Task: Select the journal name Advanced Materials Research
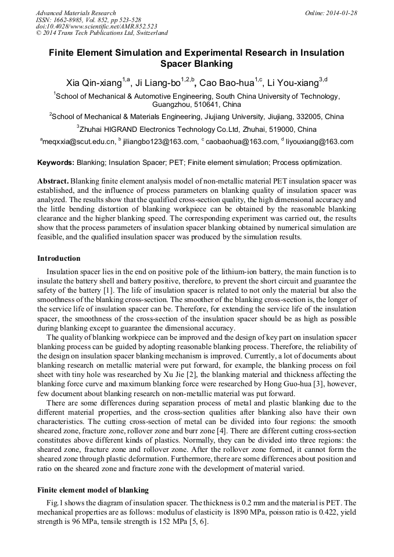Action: [76, 13]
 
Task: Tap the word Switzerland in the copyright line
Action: [148, 33]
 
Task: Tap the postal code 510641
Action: [192, 105]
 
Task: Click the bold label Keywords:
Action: [56, 163]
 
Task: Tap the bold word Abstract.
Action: [53, 181]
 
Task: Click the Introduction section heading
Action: [59, 258]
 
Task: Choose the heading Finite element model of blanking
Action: [93, 490]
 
